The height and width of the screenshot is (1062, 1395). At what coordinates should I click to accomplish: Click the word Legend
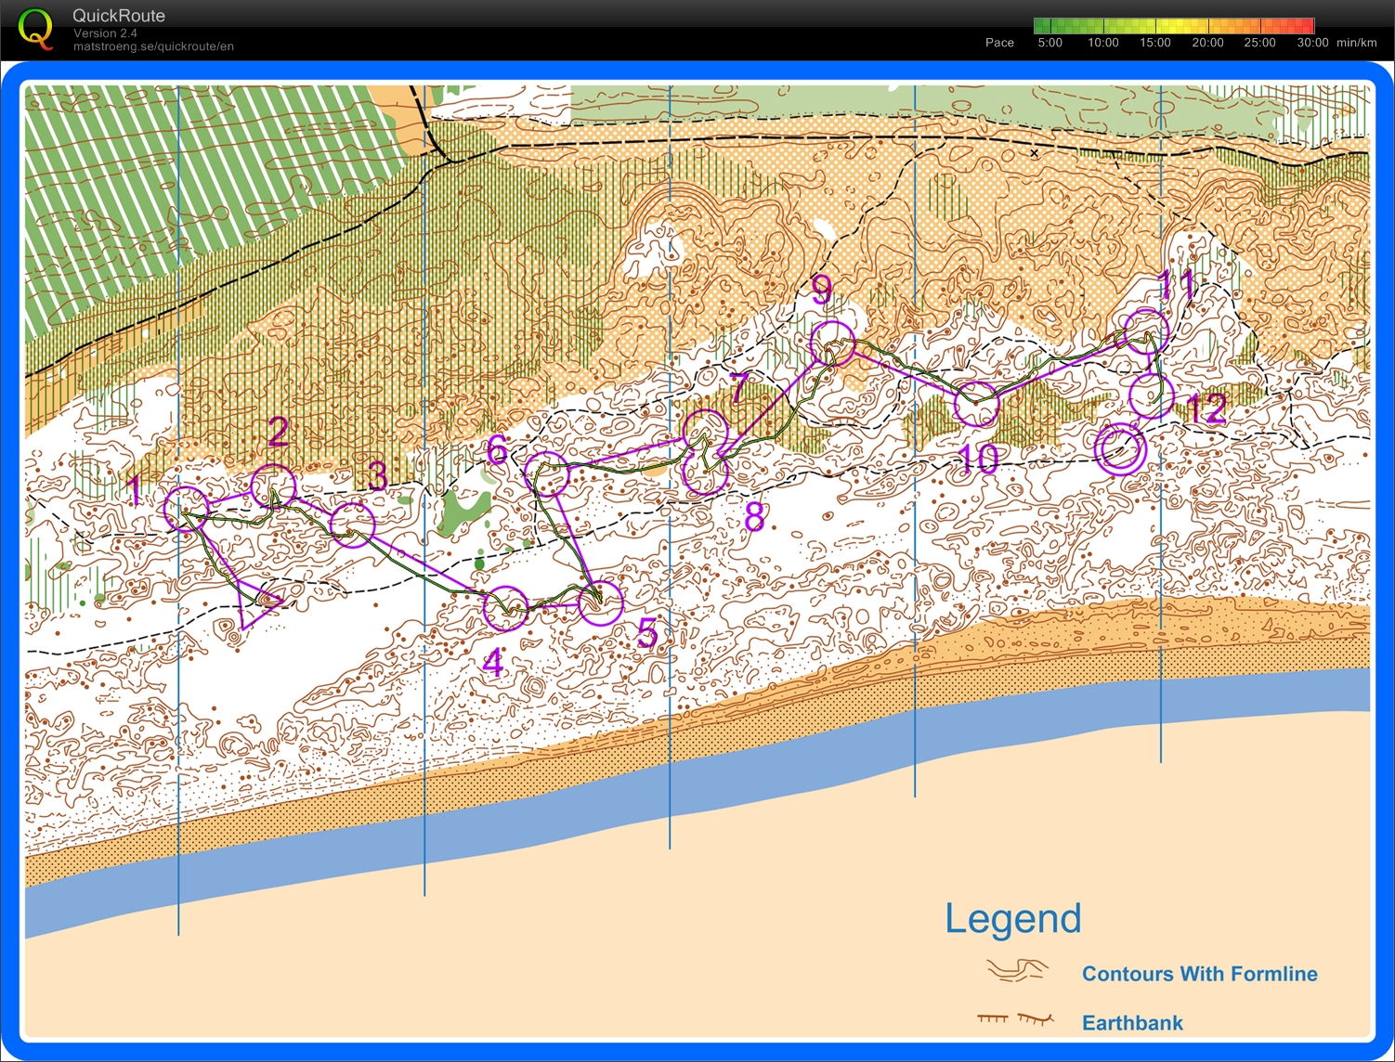[1012, 918]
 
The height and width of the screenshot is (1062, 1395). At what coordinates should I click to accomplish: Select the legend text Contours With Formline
[1199, 974]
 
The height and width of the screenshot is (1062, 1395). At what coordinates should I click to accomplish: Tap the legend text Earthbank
[1132, 1023]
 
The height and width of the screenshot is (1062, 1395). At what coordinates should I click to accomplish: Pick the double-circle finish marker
[1120, 449]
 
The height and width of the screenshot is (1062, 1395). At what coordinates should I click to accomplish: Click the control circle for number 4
[506, 608]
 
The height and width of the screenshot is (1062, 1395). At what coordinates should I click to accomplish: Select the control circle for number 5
[601, 603]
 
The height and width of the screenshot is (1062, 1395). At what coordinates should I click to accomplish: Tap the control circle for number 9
[831, 343]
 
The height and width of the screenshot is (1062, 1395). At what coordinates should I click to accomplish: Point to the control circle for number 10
[977, 404]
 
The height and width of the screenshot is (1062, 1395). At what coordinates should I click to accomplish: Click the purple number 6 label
[498, 450]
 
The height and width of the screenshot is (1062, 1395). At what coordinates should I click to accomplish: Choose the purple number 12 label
[1207, 408]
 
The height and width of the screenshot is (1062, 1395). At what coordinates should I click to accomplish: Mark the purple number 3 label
[377, 475]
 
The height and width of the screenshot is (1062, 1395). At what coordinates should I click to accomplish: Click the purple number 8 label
[755, 517]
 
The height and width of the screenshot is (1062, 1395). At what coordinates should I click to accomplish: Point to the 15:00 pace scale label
[1154, 43]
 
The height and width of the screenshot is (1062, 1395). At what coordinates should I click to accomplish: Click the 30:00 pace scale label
[1312, 43]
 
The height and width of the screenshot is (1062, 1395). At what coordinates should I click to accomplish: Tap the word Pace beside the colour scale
[999, 43]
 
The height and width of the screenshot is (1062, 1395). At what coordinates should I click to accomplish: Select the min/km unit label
[1356, 43]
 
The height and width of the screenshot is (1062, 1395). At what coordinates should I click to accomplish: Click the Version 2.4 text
[105, 33]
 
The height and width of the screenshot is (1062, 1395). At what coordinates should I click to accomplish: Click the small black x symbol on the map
[1035, 153]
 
